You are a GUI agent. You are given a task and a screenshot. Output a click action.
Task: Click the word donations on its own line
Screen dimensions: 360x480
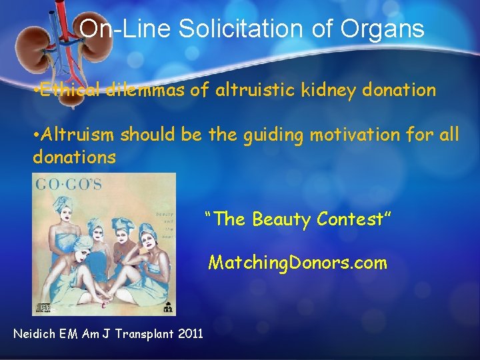(x=74, y=157)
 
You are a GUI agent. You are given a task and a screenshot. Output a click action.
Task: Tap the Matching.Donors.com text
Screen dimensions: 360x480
(x=297, y=263)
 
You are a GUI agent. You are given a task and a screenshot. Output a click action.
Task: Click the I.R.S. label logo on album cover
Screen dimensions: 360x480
(x=167, y=307)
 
